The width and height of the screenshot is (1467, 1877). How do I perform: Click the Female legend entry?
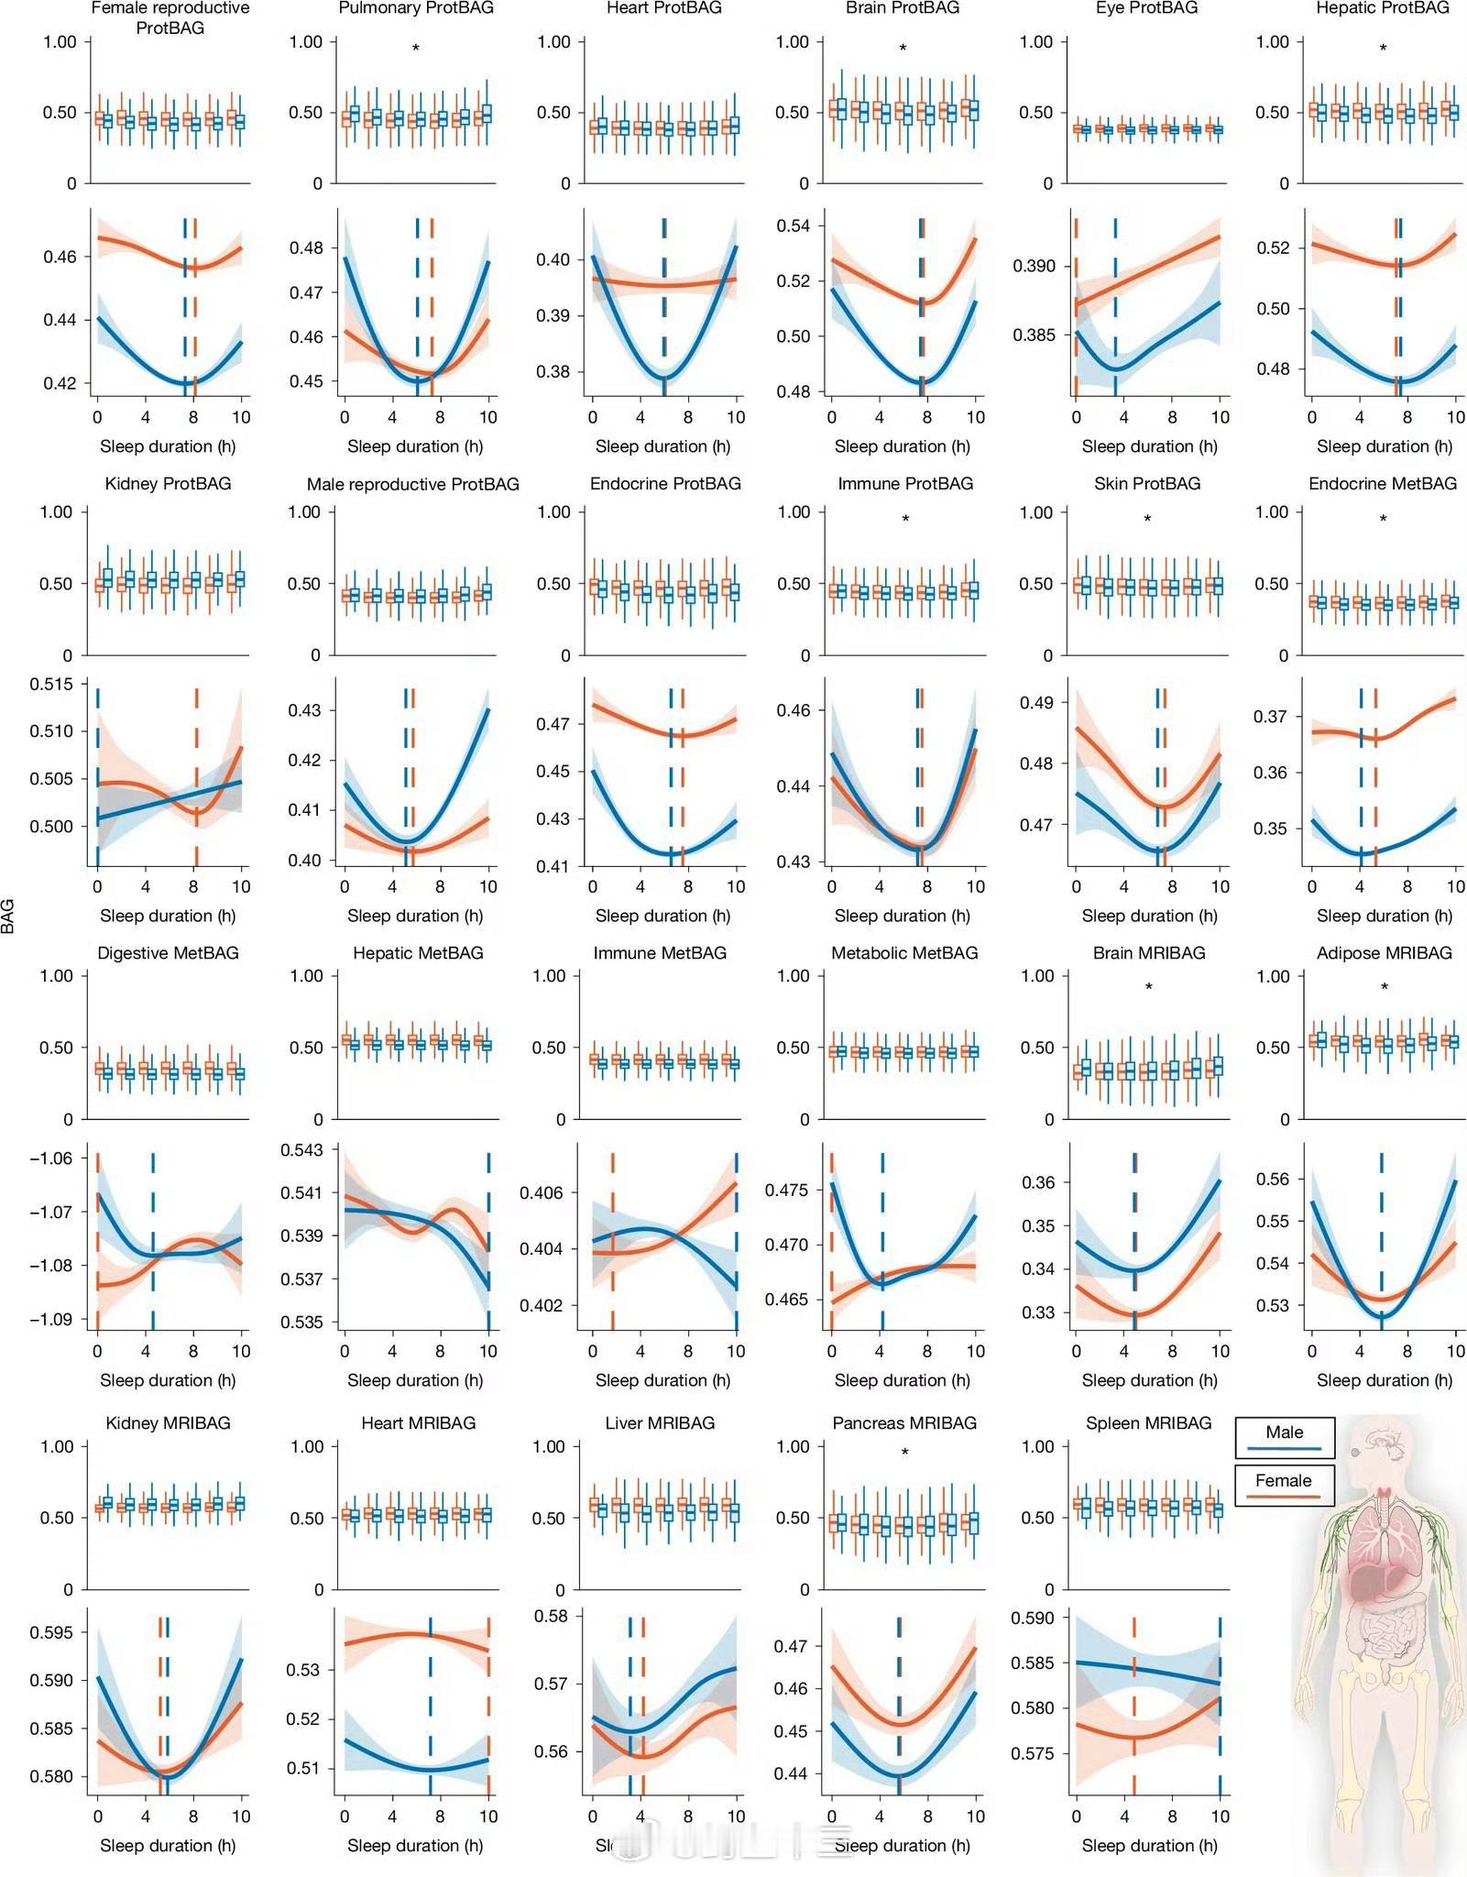[x=1284, y=1486]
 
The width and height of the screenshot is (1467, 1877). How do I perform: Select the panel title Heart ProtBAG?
[x=664, y=8]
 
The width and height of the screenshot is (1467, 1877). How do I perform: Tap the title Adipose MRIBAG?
[x=1384, y=952]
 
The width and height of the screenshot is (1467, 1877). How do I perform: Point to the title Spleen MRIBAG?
[x=1148, y=1422]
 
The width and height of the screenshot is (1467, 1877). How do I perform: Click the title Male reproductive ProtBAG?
[x=413, y=483]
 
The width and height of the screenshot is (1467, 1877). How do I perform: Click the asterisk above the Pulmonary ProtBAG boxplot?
[x=415, y=48]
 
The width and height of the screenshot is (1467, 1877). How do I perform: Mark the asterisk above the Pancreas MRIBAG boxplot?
[x=904, y=1452]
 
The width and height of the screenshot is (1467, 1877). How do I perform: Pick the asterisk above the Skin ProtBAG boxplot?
[x=1147, y=519]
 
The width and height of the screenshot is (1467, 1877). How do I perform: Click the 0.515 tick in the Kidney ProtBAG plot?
[x=51, y=684]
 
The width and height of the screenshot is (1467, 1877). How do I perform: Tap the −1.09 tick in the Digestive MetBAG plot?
[x=51, y=1319]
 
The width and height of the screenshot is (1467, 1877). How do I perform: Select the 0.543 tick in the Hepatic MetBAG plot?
[x=301, y=1150]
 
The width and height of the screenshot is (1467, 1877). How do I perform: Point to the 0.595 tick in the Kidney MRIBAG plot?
[x=51, y=1632]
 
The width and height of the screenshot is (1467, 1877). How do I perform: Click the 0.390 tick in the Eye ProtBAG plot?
[x=1034, y=266]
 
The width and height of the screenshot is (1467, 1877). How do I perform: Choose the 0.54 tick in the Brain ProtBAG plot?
[x=793, y=225]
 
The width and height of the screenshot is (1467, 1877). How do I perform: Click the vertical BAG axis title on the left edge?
[x=8, y=916]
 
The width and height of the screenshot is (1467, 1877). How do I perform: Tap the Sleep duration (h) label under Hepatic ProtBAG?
[x=1384, y=446]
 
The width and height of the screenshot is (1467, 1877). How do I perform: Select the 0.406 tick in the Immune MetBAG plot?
[x=542, y=1192]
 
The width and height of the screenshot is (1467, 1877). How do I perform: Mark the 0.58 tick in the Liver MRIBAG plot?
[x=552, y=1616]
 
